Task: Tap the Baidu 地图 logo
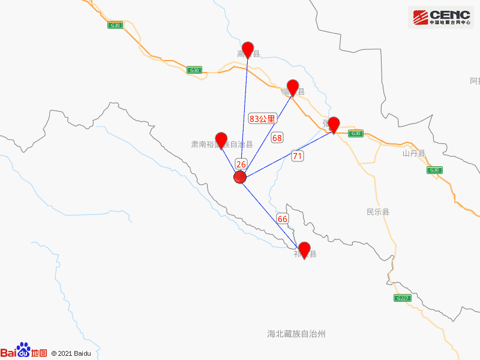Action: tap(23, 352)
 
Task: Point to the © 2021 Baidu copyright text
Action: tap(71, 354)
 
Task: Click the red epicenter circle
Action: tap(240, 177)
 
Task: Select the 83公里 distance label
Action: tap(262, 119)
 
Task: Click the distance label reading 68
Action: tap(277, 138)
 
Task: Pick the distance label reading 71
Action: tap(298, 156)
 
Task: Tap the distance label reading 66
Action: tap(283, 219)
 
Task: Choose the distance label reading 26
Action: tap(241, 164)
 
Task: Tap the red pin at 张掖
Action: tap(334, 124)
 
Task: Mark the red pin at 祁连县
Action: tap(304, 249)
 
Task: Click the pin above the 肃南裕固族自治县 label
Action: tap(221, 139)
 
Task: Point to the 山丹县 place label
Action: tap(413, 154)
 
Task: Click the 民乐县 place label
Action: tap(378, 212)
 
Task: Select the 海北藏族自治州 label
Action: tap(296, 334)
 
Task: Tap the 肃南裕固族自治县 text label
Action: tap(221, 145)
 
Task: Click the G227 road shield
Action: tap(402, 298)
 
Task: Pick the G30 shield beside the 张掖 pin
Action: tap(355, 134)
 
